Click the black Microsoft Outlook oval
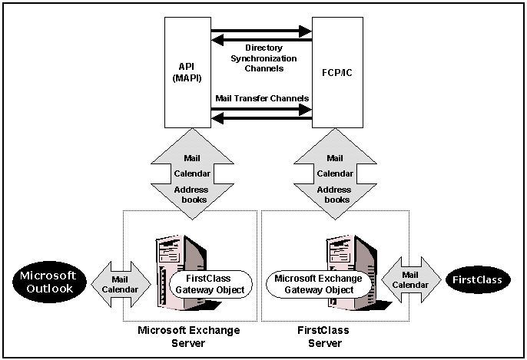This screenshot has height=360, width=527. tap(48, 281)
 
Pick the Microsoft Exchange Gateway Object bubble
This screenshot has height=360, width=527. tap(315, 284)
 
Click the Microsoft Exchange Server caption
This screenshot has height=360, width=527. tap(189, 335)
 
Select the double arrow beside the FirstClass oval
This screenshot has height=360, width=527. tap(410, 279)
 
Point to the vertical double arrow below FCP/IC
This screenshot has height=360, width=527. tap(335, 173)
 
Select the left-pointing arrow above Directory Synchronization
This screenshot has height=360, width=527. tap(261, 40)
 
